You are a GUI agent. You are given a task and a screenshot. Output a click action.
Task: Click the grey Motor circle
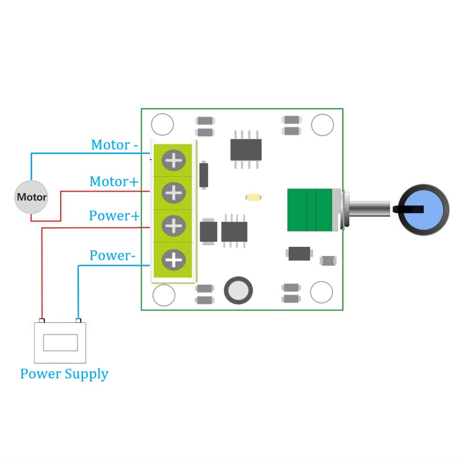31,197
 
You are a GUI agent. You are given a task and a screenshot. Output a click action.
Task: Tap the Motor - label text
114,145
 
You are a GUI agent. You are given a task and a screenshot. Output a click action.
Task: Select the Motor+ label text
114,181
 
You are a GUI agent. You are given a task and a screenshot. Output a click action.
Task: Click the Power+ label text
114,216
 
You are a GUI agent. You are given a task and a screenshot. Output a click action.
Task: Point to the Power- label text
112,255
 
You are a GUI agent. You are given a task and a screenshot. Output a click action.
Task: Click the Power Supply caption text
64,374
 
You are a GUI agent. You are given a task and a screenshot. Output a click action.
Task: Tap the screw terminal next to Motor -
173,160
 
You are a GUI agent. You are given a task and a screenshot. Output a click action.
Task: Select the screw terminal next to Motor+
173,192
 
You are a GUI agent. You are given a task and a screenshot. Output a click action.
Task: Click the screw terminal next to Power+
173,225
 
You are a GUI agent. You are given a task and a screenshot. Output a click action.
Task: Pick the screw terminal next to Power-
173,260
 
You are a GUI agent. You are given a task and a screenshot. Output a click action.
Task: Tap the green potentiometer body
310,210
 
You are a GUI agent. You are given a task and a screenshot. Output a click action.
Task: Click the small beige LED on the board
253,197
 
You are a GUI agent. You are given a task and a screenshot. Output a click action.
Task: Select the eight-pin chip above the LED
246,149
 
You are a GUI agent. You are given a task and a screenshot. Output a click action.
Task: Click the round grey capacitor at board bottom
238,290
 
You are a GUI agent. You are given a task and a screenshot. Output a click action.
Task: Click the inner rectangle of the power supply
60,342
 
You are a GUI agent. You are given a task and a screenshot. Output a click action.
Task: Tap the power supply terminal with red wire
42,320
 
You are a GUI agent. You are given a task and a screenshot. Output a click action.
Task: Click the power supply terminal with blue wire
78,320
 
